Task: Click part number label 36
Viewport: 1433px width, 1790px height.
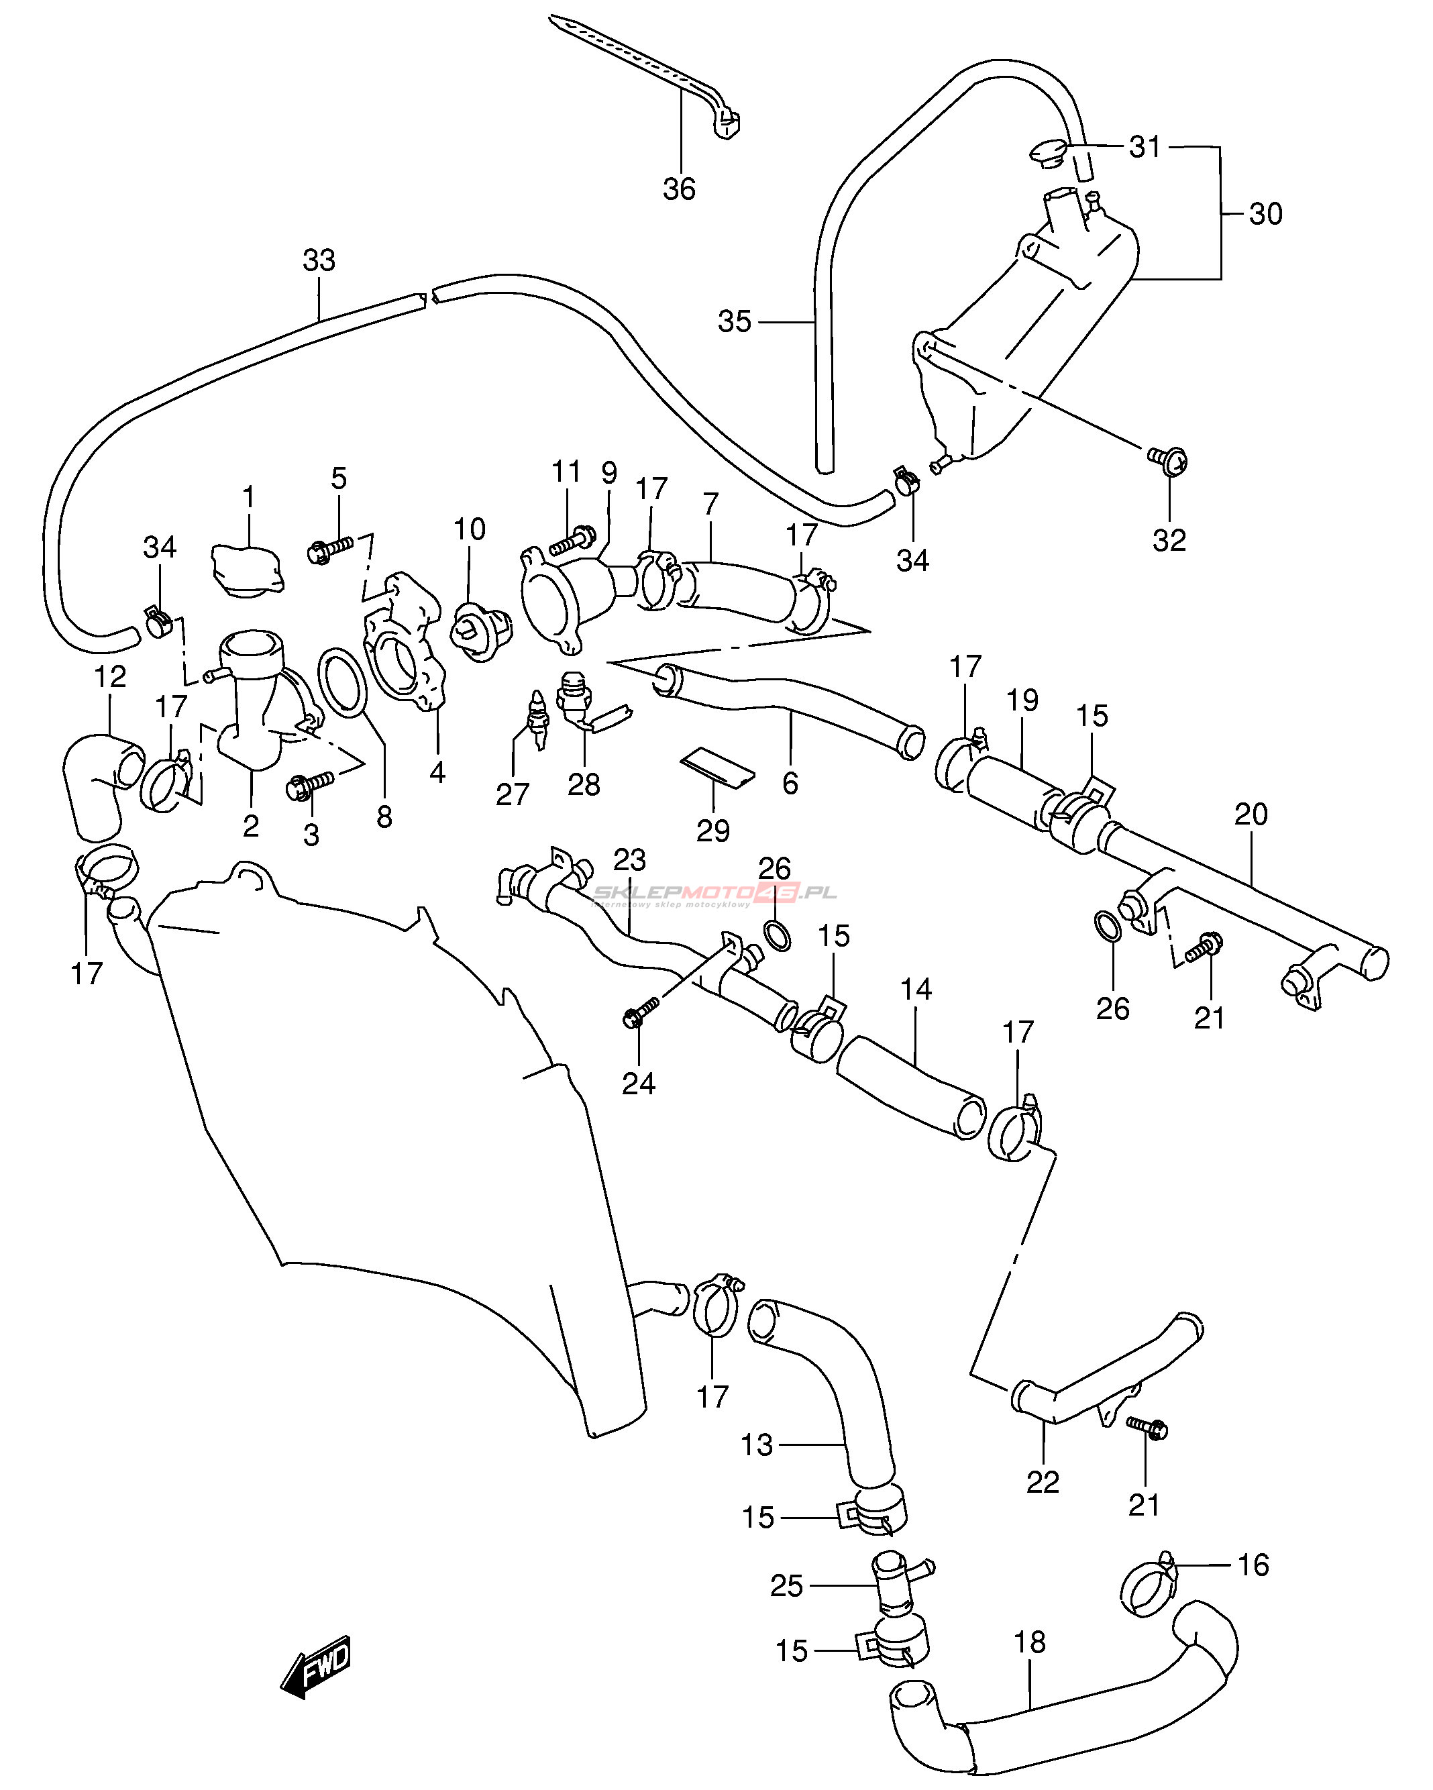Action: coord(678,189)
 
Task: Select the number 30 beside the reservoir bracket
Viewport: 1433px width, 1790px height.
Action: coord(1265,214)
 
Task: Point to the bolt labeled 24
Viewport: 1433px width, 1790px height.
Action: coord(640,1011)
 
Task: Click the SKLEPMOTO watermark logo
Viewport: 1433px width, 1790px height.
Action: coord(714,894)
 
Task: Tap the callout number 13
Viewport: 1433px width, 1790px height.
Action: coord(756,1445)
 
